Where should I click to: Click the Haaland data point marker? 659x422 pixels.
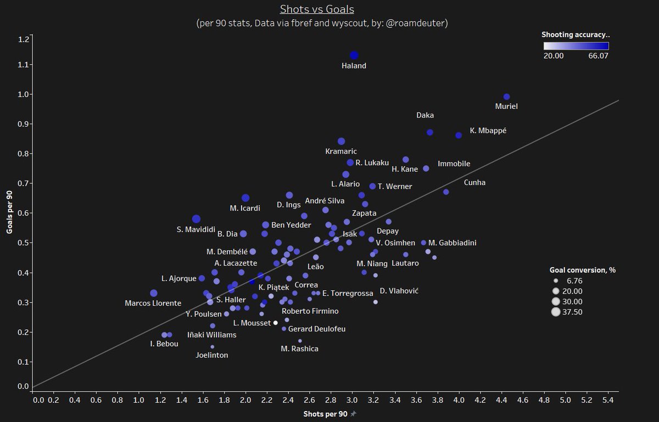(x=354, y=55)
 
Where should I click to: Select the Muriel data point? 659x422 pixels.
(x=507, y=97)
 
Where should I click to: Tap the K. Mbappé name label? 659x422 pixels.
(x=488, y=131)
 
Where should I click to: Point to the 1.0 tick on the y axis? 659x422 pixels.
(x=24, y=94)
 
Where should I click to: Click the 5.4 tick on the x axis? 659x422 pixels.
(x=608, y=401)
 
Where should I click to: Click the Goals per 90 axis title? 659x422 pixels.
(x=9, y=212)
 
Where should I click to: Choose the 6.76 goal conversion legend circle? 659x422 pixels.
(x=555, y=280)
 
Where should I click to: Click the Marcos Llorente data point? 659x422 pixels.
(x=154, y=293)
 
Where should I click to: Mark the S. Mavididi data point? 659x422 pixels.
(x=196, y=220)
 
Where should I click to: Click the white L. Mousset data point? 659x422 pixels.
(x=276, y=323)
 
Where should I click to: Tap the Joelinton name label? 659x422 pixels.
(x=212, y=355)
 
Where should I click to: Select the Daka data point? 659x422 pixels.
(x=430, y=132)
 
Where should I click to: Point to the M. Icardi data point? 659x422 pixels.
(x=245, y=198)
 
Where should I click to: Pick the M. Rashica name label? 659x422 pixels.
(x=299, y=348)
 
